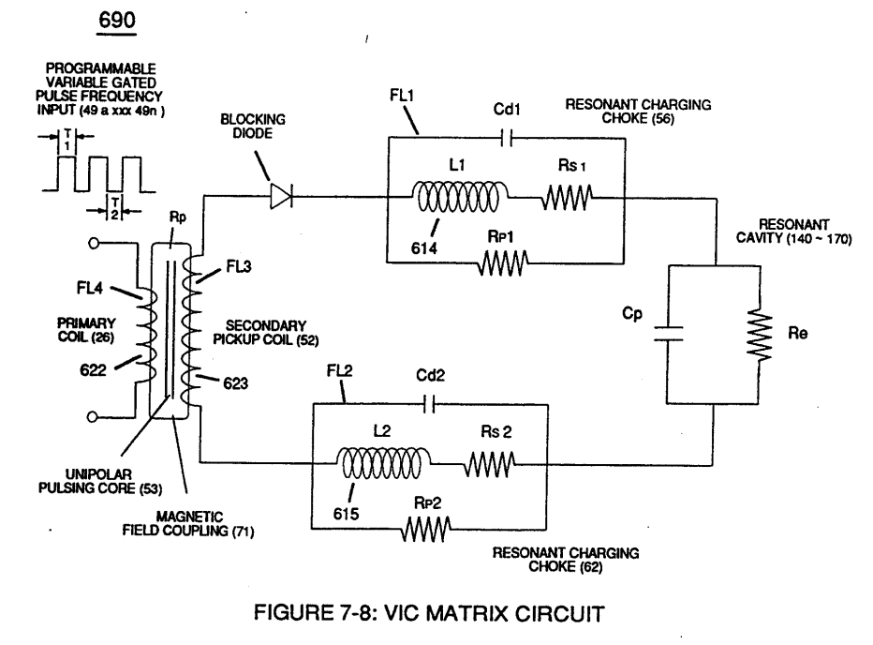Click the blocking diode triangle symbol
(x=281, y=196)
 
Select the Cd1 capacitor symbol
(x=507, y=138)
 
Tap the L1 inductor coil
(x=459, y=196)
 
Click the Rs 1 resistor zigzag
(x=567, y=198)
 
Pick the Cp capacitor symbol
(x=668, y=334)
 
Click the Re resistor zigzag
(x=759, y=335)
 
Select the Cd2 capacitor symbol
(x=429, y=405)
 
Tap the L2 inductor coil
(x=383, y=463)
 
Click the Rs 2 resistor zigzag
(x=490, y=464)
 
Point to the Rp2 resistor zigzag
(x=426, y=529)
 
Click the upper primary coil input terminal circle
(x=94, y=244)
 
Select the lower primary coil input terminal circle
(x=93, y=416)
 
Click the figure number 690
(x=117, y=20)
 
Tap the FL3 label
(x=238, y=267)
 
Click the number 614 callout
(x=423, y=248)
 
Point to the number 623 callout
(x=235, y=383)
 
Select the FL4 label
(x=90, y=288)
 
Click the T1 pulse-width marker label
(x=67, y=140)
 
